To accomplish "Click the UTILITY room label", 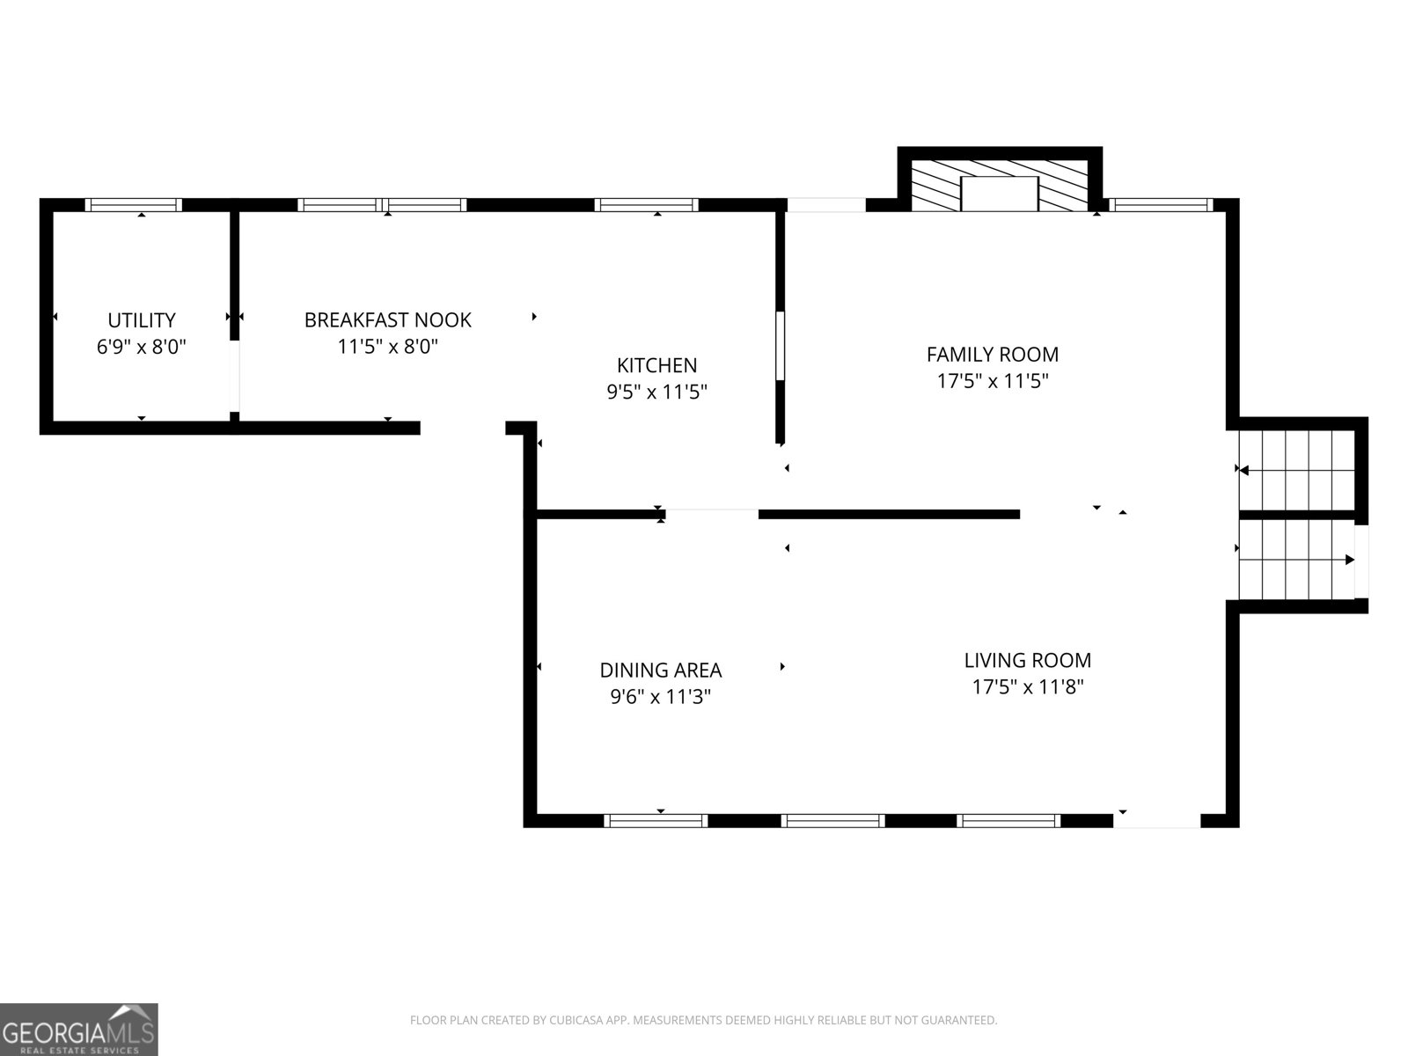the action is pos(141,320).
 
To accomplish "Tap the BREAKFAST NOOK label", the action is pos(387,320).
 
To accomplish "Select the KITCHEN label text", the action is pos(656,365).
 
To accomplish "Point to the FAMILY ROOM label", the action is pos(993,355).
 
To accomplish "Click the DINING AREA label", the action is pos(661,670).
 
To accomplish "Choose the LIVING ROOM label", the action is pos(1028,660).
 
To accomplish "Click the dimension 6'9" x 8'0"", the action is pos(141,347).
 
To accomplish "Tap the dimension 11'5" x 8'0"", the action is pos(387,347).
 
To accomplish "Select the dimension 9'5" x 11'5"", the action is pos(656,392).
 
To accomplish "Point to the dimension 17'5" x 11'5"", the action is pos(993,382).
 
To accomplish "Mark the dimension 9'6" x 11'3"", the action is pos(661,696).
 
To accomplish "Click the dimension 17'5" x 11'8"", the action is pos(1028,687).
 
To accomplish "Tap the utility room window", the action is pos(134,205).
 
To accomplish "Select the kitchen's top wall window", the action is pos(646,205).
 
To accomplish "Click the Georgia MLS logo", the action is pos(79,1030).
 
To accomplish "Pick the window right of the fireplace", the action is pos(1161,205).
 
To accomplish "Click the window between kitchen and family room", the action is pos(780,346).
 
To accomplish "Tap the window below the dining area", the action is pos(656,821).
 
